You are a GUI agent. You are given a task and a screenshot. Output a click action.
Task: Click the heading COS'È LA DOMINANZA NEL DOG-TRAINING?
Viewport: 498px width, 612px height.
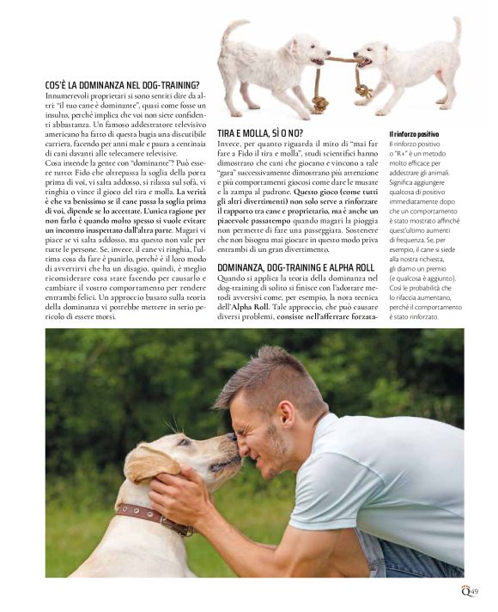122,85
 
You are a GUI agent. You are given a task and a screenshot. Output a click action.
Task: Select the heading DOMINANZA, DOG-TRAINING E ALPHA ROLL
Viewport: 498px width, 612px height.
297,268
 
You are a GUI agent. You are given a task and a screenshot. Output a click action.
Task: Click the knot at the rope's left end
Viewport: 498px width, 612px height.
319,104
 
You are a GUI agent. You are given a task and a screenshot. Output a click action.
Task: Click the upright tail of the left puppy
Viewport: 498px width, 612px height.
230,30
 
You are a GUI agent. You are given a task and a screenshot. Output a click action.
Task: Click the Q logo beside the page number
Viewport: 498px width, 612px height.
464,590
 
